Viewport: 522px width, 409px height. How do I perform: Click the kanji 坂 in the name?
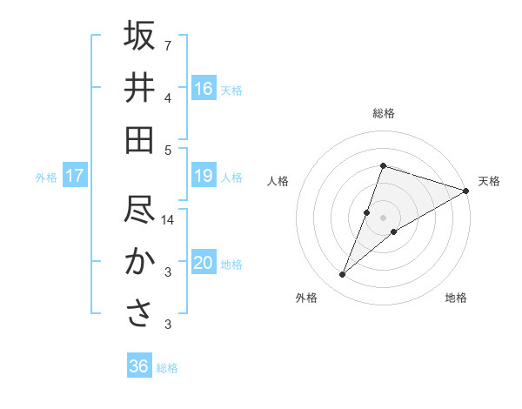(139, 37)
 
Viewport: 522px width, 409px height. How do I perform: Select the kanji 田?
(139, 140)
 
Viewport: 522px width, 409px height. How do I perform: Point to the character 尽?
(139, 210)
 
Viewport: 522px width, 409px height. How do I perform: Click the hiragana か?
(139, 262)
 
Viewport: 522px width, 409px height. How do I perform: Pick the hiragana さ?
(139, 314)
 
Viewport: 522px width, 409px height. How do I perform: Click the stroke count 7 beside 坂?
(168, 44)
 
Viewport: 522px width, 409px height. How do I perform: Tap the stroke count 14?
(168, 220)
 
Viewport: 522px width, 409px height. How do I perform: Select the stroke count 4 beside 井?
(168, 97)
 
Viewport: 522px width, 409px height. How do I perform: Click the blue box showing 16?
(204, 88)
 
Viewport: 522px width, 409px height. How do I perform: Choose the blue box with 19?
(204, 177)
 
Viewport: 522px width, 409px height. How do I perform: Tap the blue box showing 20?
(204, 263)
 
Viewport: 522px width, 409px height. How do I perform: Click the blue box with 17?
(74, 177)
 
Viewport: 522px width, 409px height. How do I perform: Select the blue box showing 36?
(139, 366)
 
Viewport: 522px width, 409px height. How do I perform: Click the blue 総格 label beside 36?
(167, 368)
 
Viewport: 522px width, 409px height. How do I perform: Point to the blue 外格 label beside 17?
(46, 178)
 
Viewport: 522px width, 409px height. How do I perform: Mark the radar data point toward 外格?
(343, 275)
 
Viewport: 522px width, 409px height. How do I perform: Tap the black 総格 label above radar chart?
(384, 113)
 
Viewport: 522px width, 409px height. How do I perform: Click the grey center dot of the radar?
(384, 217)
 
